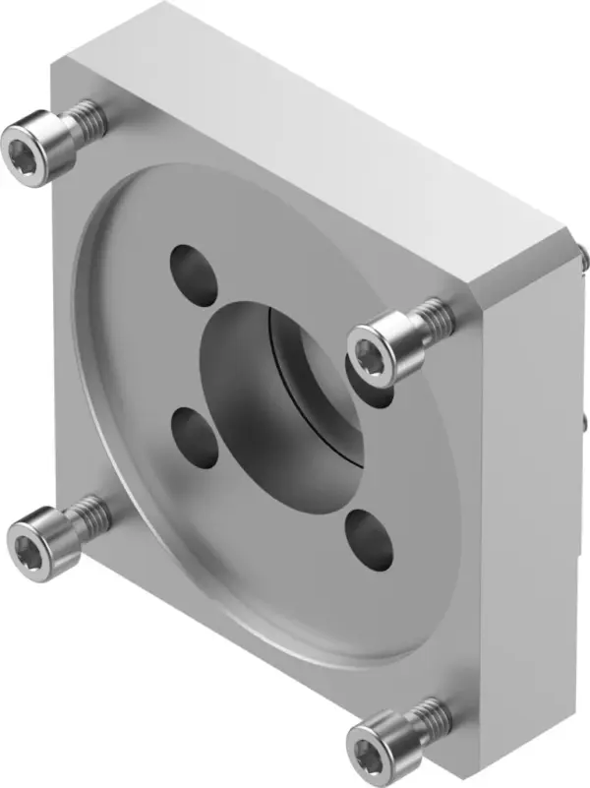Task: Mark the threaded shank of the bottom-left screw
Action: (x=90, y=512)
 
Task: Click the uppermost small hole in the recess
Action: (x=195, y=273)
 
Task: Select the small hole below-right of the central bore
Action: (x=371, y=541)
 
